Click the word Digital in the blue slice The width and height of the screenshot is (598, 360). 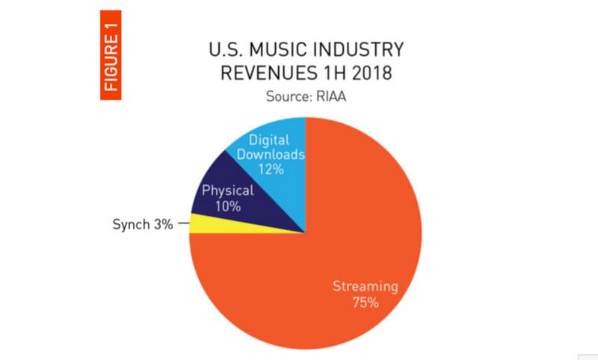(x=267, y=140)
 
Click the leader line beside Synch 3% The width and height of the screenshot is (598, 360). (x=182, y=223)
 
